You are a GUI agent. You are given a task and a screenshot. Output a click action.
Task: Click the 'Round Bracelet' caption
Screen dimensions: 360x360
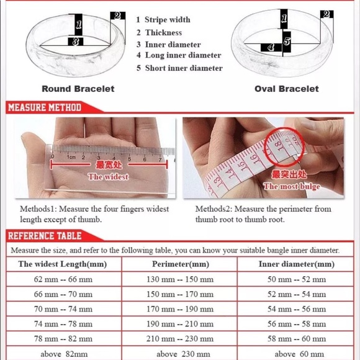point(78,89)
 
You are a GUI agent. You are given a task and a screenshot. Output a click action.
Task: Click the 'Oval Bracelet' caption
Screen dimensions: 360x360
point(287,89)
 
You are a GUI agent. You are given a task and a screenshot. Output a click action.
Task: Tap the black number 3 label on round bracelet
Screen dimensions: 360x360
point(76,42)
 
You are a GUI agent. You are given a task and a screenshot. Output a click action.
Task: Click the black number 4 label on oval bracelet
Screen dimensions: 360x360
point(271,48)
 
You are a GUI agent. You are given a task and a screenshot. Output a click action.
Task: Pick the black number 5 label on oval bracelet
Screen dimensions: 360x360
point(287,42)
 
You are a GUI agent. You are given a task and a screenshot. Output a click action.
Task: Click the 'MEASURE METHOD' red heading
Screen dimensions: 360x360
point(45,107)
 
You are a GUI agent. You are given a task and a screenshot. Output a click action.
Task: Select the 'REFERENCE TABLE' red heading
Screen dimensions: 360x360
point(45,236)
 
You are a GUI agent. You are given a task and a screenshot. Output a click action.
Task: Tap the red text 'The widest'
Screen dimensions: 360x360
point(108,177)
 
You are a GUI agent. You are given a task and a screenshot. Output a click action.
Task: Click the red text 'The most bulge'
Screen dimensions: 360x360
point(292,186)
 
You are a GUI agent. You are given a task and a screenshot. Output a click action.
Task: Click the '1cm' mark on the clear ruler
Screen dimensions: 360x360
point(71,157)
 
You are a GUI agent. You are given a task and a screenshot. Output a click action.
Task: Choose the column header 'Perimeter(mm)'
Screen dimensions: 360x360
point(181,264)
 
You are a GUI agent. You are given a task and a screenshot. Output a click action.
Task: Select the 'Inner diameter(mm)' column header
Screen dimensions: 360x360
point(297,264)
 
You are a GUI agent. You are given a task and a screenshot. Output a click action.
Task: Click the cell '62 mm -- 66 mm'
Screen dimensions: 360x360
point(63,279)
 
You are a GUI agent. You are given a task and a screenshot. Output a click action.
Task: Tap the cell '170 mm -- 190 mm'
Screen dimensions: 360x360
point(180,309)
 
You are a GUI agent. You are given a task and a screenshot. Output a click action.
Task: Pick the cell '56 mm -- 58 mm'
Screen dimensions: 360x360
point(297,324)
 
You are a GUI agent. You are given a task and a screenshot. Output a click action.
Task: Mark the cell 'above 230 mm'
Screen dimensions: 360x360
point(183,354)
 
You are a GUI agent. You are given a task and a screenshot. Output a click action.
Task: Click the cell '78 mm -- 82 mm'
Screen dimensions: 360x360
point(63,339)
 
